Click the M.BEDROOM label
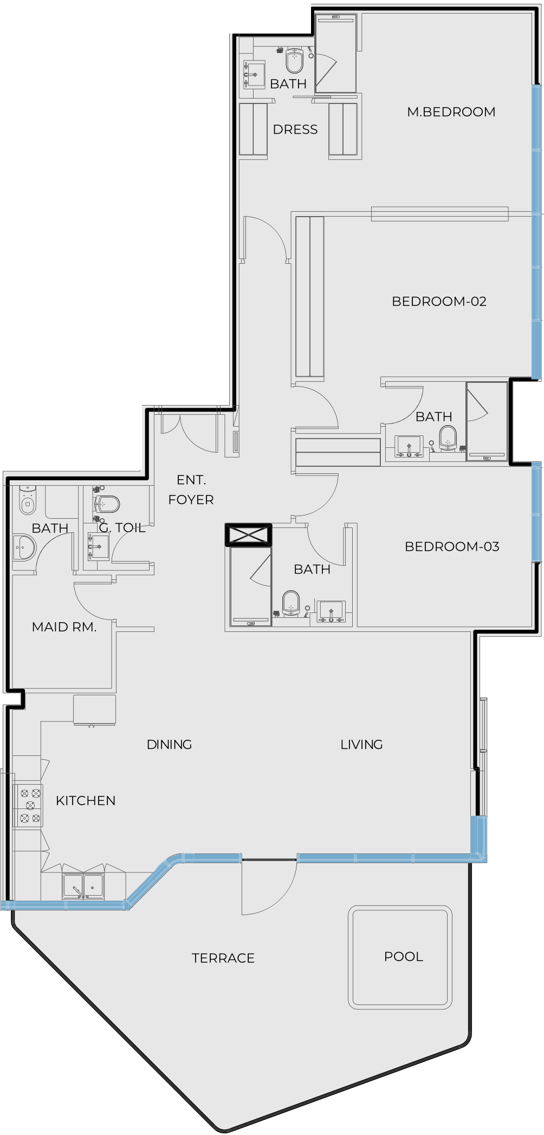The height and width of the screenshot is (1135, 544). click(x=451, y=112)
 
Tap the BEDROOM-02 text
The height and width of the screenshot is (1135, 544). click(x=439, y=302)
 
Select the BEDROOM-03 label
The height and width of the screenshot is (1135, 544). click(x=452, y=547)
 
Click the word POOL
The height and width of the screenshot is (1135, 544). click(x=404, y=957)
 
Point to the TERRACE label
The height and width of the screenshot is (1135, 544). click(x=223, y=958)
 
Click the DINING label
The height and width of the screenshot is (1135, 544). click(x=170, y=745)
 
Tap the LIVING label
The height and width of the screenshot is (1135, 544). click(x=361, y=745)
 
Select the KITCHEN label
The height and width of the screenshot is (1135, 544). click(x=86, y=801)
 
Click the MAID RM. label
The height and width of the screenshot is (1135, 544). click(x=64, y=627)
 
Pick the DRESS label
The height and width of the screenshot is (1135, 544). click(x=295, y=130)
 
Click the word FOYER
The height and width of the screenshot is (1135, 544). click(x=191, y=500)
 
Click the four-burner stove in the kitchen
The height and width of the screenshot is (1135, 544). click(x=28, y=806)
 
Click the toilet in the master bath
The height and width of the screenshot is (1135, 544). click(x=294, y=60)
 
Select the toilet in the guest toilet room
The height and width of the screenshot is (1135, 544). click(x=106, y=504)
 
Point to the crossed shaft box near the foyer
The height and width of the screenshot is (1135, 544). click(x=249, y=535)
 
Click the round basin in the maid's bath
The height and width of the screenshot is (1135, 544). click(x=23, y=547)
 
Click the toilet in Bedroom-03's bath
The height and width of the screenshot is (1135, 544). click(x=291, y=604)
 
